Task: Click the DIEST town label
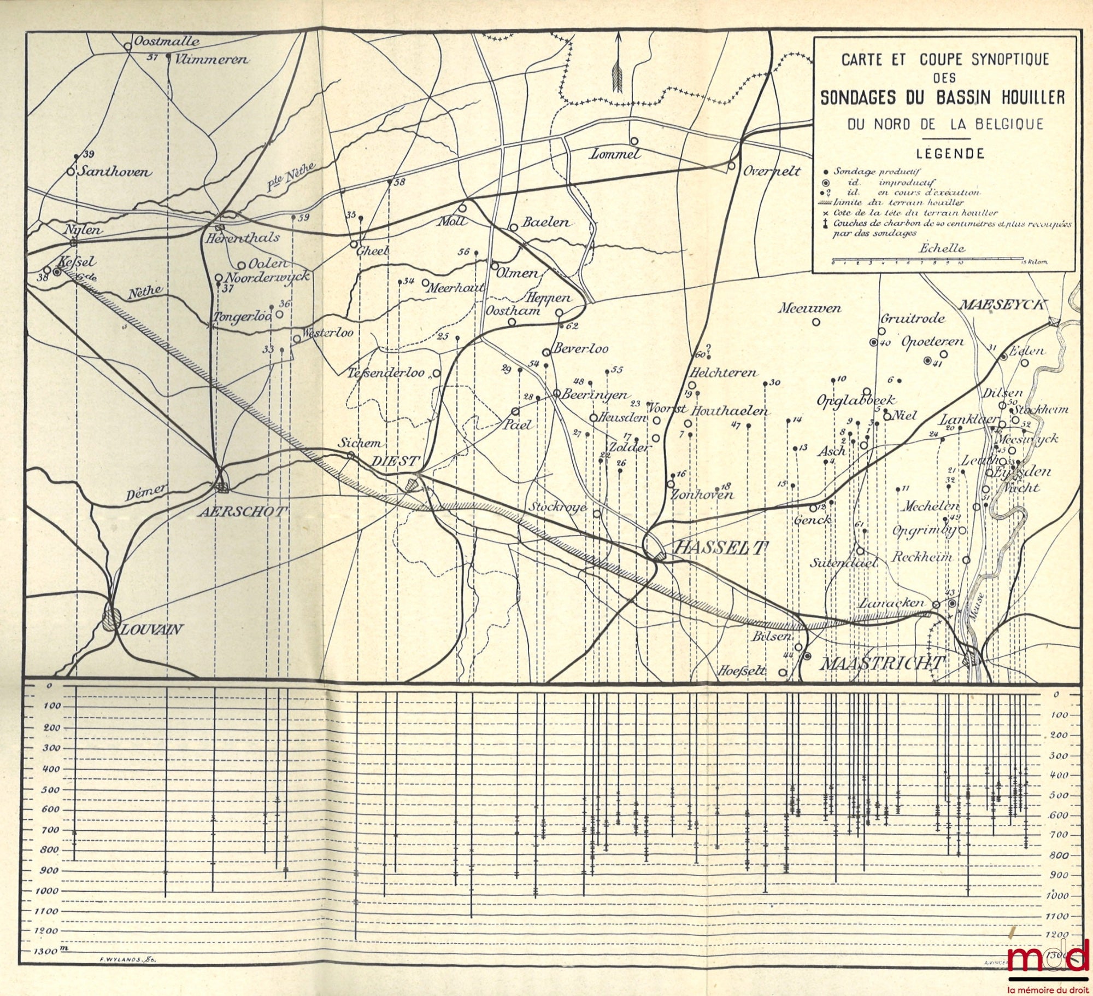[x=395, y=461]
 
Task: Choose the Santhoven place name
[x=115, y=172]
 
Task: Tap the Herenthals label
[x=242, y=238]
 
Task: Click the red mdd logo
[x=1050, y=956]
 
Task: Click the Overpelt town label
[x=772, y=171]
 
